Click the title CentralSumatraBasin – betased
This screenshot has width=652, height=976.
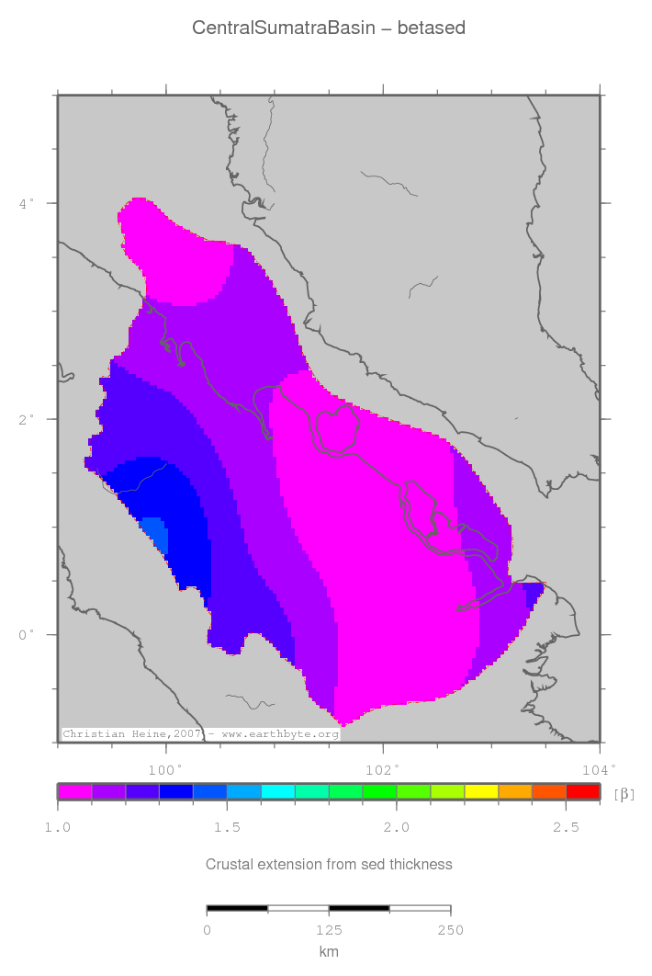pos(328,28)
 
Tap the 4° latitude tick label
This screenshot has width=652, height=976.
pos(27,202)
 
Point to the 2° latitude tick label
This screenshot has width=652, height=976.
pos(27,419)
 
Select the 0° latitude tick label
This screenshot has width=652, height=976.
pos(27,634)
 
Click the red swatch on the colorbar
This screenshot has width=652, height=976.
pos(582,790)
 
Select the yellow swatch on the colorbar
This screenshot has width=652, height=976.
pos(480,790)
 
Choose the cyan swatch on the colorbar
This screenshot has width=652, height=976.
pos(277,790)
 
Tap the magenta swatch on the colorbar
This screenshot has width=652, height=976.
pos(74,790)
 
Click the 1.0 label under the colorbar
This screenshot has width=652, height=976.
pos(58,828)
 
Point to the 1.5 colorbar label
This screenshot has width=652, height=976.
pos(227,828)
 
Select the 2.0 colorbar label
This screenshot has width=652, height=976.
pos(396,828)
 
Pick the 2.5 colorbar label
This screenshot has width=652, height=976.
pos(565,828)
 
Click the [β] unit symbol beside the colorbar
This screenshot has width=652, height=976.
pos(624,793)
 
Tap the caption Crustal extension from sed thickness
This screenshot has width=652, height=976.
pos(328,864)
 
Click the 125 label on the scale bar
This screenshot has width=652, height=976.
pos(328,930)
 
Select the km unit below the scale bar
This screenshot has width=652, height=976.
pos(328,952)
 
